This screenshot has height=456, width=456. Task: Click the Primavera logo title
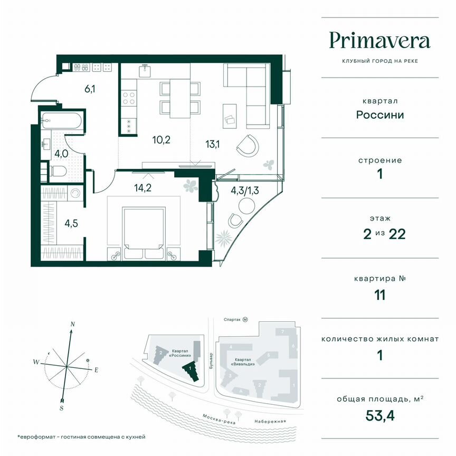379,41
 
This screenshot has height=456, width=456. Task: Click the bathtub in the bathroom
63,121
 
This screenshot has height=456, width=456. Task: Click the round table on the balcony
246,204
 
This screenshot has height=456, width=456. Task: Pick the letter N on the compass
73,324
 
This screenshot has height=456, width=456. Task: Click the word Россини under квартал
379,115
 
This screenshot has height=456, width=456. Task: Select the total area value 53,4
379,414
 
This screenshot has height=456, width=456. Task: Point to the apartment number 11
379,294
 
